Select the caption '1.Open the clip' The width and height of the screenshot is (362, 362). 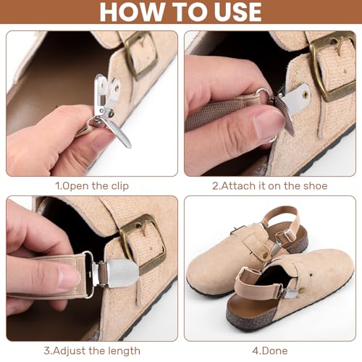[92, 186]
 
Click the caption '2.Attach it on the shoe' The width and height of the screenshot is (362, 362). [269, 186]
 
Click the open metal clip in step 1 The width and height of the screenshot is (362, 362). [109, 109]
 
